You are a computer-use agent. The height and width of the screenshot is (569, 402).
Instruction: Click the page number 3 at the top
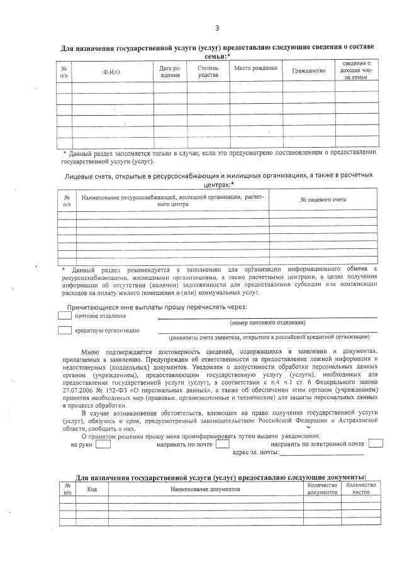[x=217, y=28]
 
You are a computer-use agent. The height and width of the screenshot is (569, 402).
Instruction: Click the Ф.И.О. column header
[x=112, y=73]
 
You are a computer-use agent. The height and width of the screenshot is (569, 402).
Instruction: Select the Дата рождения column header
[x=170, y=72]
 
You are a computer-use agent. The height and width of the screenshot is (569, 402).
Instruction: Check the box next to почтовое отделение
[x=65, y=316]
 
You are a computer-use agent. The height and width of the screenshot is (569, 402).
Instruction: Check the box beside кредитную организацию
[x=65, y=330]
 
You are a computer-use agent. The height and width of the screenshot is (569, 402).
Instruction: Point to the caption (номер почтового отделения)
[x=267, y=323]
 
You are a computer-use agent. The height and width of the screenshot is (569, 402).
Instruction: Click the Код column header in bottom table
[x=92, y=489]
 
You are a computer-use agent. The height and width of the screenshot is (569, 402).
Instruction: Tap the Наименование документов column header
[x=204, y=489]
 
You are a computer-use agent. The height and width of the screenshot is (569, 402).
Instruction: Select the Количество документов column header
[x=323, y=489]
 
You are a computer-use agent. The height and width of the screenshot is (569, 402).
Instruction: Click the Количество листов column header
[x=361, y=489]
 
